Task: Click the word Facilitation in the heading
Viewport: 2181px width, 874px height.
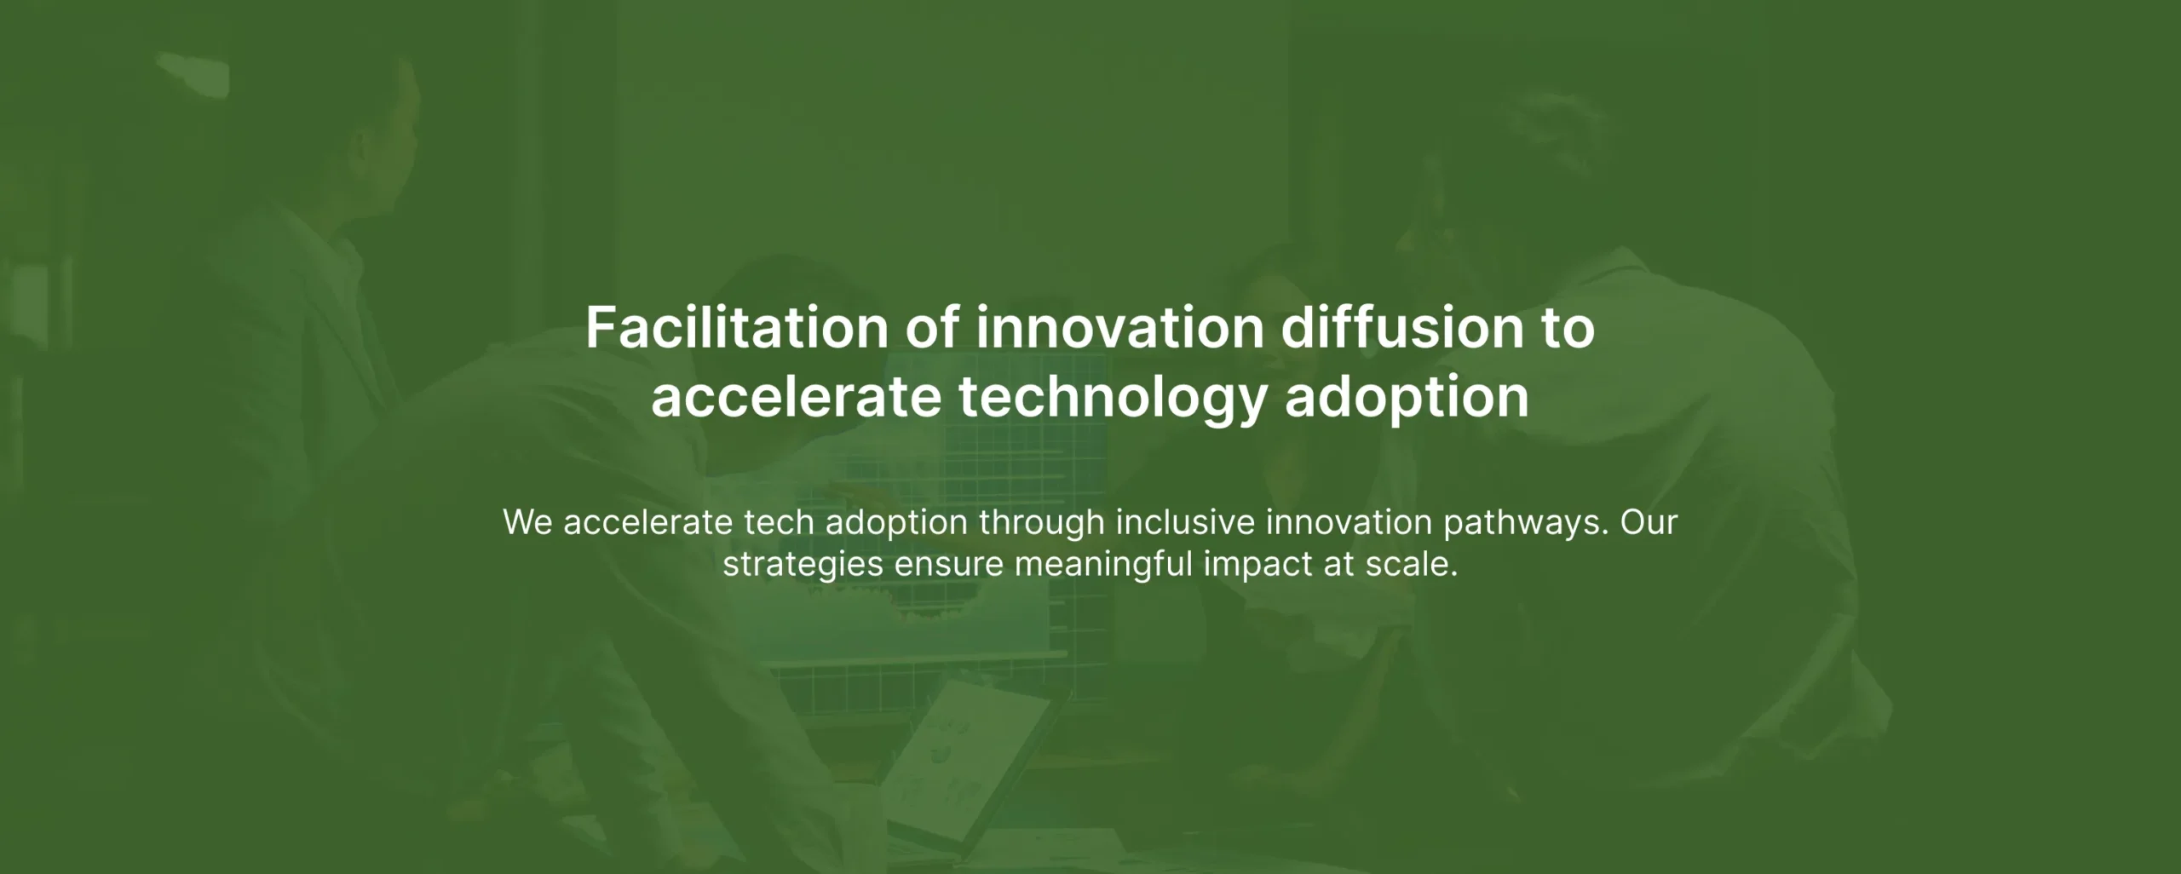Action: [737, 327]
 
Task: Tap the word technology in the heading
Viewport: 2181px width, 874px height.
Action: [1113, 399]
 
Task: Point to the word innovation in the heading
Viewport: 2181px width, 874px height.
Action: [1119, 327]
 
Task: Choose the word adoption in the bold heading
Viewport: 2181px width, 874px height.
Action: [1407, 399]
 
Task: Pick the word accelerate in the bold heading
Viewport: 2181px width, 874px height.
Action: [796, 399]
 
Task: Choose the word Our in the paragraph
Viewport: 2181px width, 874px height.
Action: [1649, 522]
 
